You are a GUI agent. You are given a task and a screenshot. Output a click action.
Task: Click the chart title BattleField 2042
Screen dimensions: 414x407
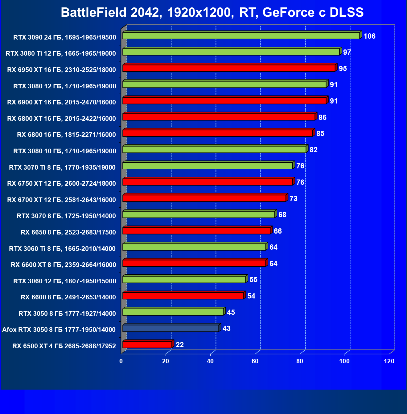(x=212, y=12)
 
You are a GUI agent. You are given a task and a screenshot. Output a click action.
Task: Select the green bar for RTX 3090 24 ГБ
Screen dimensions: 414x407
(x=241, y=36)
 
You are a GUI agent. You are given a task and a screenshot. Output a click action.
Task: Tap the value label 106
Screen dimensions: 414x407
(x=369, y=36)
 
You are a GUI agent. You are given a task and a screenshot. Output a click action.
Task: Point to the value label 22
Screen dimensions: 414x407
(x=180, y=345)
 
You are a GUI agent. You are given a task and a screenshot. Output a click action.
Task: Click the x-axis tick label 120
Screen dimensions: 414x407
(x=389, y=361)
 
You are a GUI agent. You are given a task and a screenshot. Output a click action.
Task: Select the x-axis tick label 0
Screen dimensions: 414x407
(x=121, y=361)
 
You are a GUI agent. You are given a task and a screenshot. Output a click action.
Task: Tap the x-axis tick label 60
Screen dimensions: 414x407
(x=255, y=361)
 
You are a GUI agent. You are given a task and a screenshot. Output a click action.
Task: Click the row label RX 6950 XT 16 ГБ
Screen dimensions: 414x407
(x=62, y=70)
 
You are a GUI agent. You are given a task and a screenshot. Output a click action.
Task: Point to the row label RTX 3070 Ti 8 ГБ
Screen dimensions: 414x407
(x=62, y=167)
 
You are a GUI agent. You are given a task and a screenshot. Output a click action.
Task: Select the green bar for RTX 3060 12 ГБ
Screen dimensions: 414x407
(x=184, y=280)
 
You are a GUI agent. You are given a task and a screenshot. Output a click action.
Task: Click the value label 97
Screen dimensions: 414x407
(x=347, y=52)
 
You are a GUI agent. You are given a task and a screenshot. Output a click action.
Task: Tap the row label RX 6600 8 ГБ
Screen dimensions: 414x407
(x=68, y=297)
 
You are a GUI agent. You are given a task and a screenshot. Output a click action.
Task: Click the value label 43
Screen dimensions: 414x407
(x=227, y=328)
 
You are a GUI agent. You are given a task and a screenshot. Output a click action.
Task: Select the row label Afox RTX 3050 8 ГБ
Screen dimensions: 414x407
(x=59, y=330)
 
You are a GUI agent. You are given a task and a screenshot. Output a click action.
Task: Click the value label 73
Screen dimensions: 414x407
(x=293, y=199)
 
